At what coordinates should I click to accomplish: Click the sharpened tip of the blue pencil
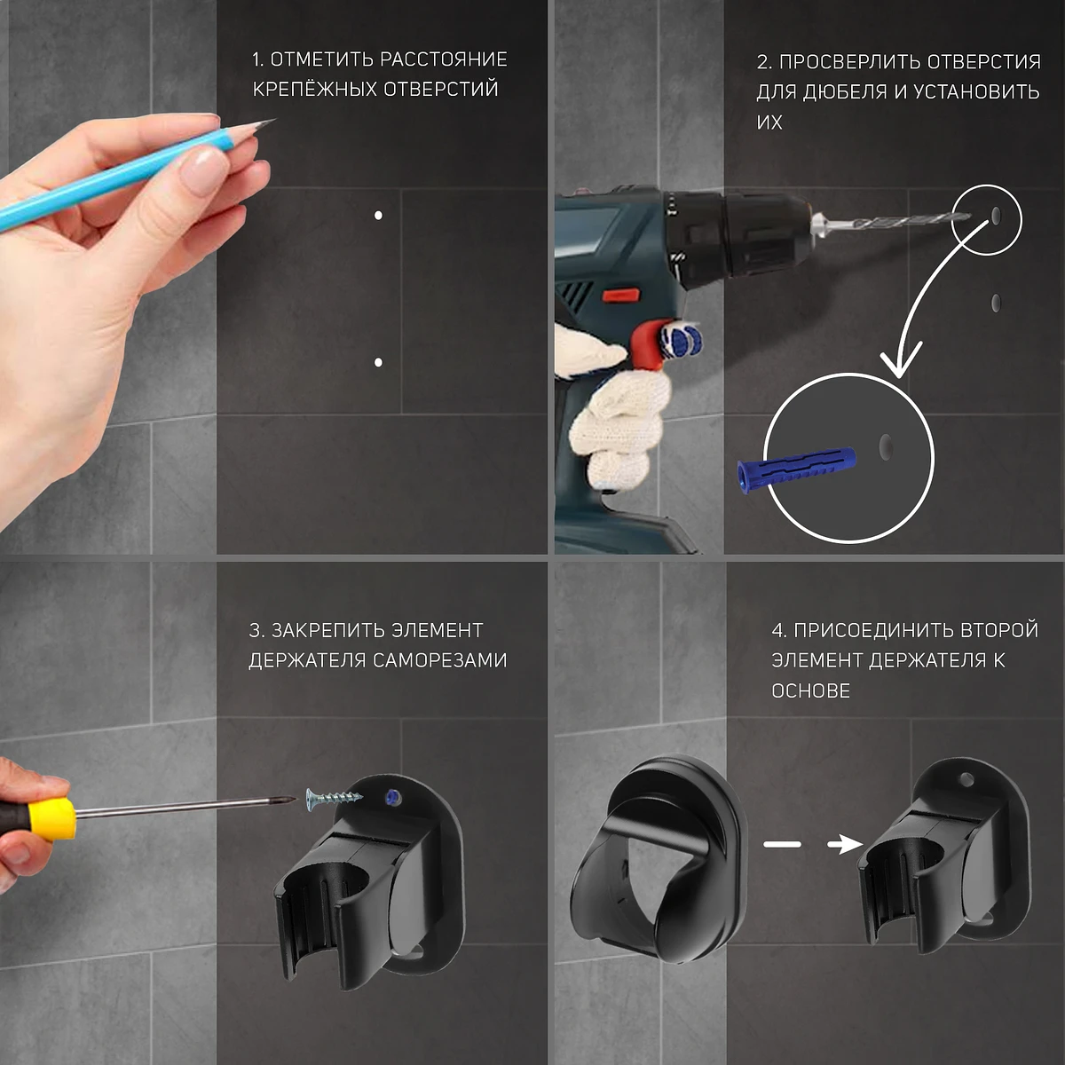click(x=273, y=121)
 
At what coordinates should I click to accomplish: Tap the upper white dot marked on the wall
click(x=378, y=215)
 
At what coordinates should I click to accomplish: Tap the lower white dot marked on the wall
click(x=378, y=363)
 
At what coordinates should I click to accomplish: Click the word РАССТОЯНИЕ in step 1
click(x=444, y=59)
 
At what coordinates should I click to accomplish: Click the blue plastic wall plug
click(x=796, y=467)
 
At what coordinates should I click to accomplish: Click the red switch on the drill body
click(x=621, y=296)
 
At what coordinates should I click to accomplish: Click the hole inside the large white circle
click(x=886, y=446)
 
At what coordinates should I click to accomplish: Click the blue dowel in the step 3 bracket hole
click(x=392, y=796)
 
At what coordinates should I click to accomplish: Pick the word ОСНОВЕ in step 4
click(x=811, y=690)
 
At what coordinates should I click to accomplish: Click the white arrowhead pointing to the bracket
click(x=845, y=844)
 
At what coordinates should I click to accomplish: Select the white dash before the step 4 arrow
click(x=782, y=844)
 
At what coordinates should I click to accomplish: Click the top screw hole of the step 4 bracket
click(x=966, y=780)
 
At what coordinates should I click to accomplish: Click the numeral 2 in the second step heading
click(x=762, y=62)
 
